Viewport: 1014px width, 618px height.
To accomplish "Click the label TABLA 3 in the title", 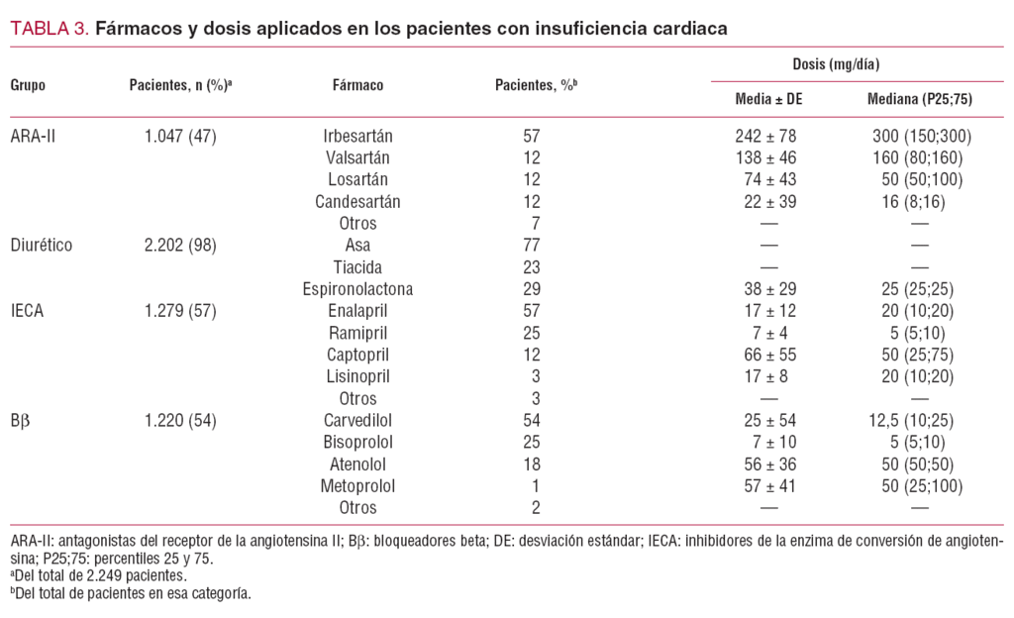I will (x=49, y=29).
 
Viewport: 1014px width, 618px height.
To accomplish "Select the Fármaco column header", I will (x=357, y=85).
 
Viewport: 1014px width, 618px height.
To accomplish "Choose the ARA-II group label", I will (x=33, y=136).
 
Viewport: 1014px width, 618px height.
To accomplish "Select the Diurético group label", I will (x=43, y=245).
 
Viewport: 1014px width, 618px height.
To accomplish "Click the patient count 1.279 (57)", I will (x=180, y=310).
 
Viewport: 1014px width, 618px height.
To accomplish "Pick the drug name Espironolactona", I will (x=357, y=288).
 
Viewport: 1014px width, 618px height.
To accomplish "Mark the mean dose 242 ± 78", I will (x=759, y=136).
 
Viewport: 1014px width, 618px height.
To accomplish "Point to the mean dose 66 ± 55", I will (x=759, y=354).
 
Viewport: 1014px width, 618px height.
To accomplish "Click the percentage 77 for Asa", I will (x=532, y=245).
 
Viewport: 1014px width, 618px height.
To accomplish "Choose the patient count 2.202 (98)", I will (x=180, y=245).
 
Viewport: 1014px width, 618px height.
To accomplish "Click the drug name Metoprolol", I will (x=357, y=485).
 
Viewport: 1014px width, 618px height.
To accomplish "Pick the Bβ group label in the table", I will (x=22, y=419).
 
